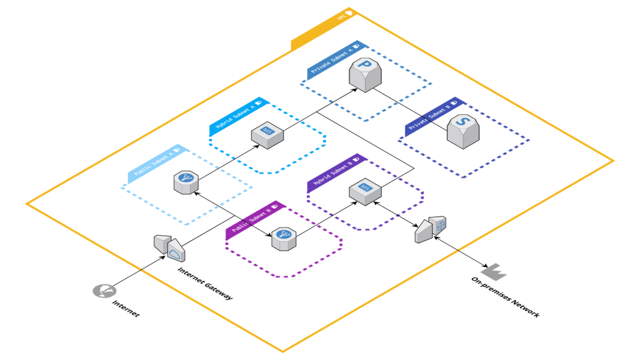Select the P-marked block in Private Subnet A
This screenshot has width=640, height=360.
(x=364, y=74)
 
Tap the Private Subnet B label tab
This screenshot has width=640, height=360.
(x=431, y=117)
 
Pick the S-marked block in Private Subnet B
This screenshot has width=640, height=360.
(x=463, y=131)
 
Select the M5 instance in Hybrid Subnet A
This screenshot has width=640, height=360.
(x=267, y=134)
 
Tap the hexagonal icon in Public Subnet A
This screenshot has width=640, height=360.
(x=186, y=182)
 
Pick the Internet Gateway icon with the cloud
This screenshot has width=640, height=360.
(x=169, y=247)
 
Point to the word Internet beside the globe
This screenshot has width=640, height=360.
(x=126, y=308)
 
